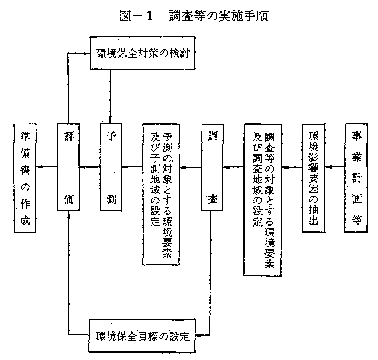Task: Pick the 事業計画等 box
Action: (x=356, y=178)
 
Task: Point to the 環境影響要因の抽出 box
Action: (x=313, y=178)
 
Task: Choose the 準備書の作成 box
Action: (x=25, y=178)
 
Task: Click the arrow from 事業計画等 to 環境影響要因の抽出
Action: (x=335, y=167)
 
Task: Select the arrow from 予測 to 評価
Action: (x=90, y=167)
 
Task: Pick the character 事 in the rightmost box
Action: (x=356, y=133)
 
